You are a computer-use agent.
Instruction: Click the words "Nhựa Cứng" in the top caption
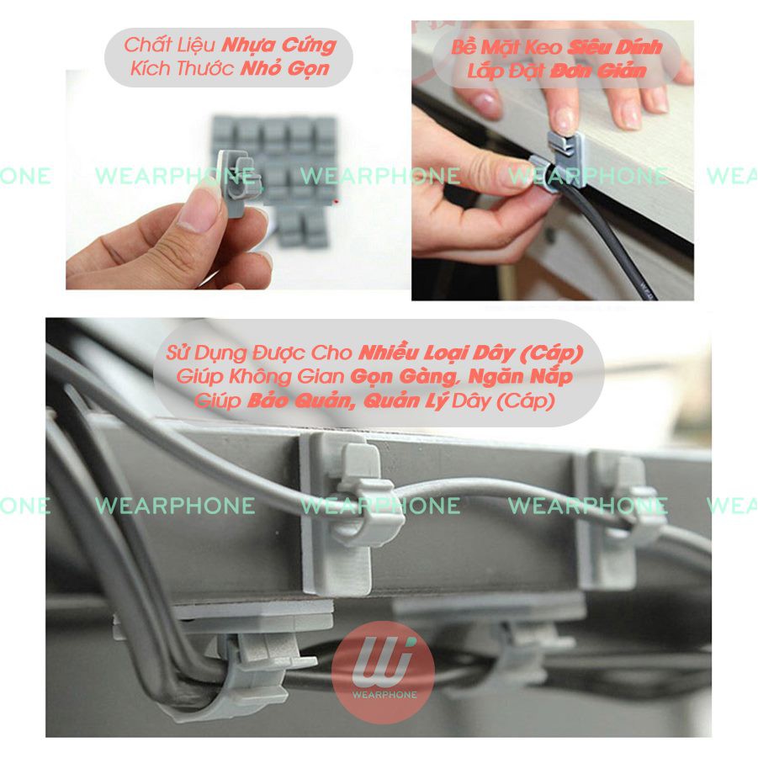point(279,46)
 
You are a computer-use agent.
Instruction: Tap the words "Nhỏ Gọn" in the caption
point(285,69)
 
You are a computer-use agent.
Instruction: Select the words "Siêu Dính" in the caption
point(614,47)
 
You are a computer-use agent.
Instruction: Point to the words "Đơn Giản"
point(598,71)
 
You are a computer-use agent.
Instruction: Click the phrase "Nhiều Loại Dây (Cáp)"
point(471,353)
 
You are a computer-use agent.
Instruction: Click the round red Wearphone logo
point(383,672)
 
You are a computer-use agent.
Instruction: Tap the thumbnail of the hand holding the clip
point(238,180)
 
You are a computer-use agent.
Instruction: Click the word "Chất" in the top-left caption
point(144,45)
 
